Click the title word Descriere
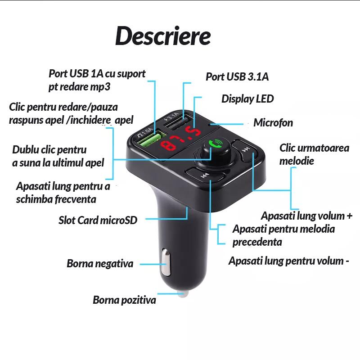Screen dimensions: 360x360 pyautogui.click(x=163, y=36)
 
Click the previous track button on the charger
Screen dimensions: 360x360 pyautogui.click(x=204, y=175)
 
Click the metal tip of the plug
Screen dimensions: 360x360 pyautogui.click(x=182, y=293)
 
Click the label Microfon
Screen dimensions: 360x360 pyautogui.click(x=273, y=123)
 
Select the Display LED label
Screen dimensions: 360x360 pyautogui.click(x=247, y=99)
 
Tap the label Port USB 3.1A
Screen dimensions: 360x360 pyautogui.click(x=237, y=76)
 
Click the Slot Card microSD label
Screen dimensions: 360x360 pyautogui.click(x=98, y=220)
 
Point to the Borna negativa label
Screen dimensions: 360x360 pyautogui.click(x=100, y=264)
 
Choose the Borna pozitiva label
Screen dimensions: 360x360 pyautogui.click(x=124, y=300)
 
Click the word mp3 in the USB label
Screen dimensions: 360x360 pyautogui.click(x=101, y=86)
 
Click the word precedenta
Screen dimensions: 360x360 pyautogui.click(x=257, y=242)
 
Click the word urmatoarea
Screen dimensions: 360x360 pyautogui.click(x=323, y=148)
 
